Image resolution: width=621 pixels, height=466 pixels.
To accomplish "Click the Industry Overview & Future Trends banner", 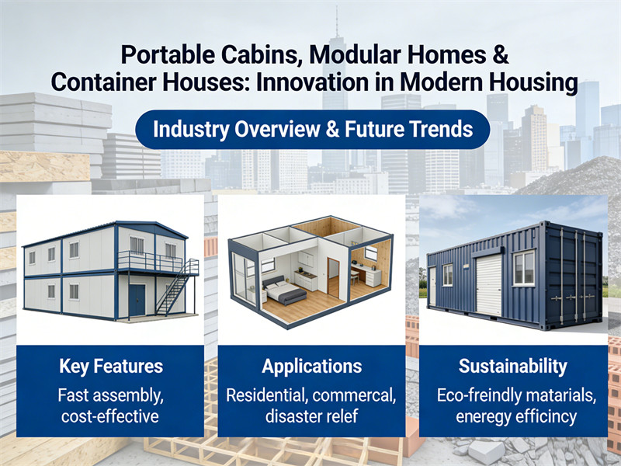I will coord(312,128).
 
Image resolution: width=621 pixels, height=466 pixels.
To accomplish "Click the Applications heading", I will coord(311,367).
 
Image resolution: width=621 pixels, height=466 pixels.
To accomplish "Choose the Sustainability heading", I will coord(512,367).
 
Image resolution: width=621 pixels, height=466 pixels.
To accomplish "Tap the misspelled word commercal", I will coord(353,395).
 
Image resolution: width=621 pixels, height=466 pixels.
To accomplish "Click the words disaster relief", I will coord(311,416).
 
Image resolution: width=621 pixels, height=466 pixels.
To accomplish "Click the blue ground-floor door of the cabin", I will coord(137,300).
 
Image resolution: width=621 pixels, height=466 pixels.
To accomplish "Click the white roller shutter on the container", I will coord(488,285).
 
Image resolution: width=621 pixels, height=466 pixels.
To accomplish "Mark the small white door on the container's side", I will coord(432,286).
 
